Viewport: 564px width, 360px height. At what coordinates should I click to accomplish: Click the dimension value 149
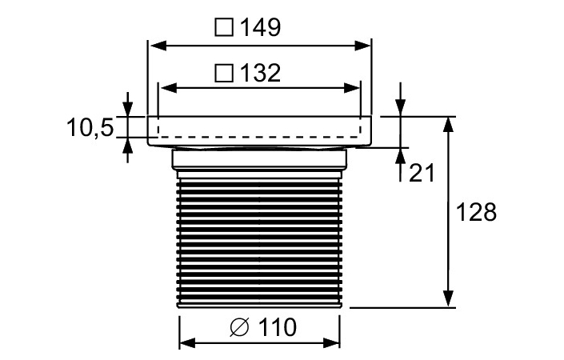(258, 27)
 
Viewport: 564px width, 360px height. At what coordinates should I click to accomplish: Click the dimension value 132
(258, 73)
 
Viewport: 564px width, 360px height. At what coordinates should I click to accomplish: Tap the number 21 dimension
(422, 172)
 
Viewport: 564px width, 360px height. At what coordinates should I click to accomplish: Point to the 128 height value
(476, 212)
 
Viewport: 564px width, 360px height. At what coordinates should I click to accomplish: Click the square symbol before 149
(224, 28)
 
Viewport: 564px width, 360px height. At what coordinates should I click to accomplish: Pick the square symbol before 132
(224, 74)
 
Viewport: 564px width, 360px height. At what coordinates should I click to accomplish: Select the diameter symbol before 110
(238, 327)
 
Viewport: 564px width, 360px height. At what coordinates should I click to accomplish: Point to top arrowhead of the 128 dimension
(450, 125)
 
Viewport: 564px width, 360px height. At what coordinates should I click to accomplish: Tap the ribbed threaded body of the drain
(260, 240)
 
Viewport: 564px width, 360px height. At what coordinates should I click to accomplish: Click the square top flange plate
(260, 130)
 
